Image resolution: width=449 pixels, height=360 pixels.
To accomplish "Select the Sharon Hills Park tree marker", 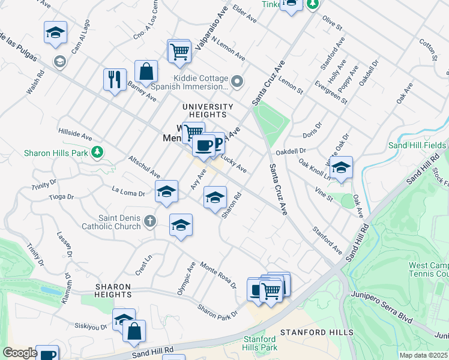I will pyautogui.click(x=95, y=153).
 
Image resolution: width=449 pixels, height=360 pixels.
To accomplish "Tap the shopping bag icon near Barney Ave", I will pyautogui.click(x=146, y=72).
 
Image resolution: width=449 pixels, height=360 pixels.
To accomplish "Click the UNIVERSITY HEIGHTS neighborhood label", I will pyautogui.click(x=204, y=110).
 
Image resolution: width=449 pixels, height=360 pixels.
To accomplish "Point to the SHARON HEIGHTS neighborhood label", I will pyautogui.click(x=113, y=291).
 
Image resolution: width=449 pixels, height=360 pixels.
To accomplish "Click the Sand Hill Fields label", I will pyautogui.click(x=417, y=145).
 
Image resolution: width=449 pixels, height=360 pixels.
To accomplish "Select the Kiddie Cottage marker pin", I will pyautogui.click(x=238, y=81).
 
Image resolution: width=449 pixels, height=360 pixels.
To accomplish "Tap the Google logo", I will pyautogui.click(x=20, y=352).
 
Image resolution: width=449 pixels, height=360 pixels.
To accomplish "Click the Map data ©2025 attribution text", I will pyautogui.click(x=423, y=355).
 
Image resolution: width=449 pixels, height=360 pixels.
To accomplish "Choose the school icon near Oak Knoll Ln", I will pyautogui.click(x=341, y=168).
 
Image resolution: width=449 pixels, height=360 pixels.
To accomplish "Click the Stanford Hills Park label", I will pyautogui.click(x=260, y=343).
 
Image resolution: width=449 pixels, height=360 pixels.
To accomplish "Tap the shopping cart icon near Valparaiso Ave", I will pyautogui.click(x=179, y=52).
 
